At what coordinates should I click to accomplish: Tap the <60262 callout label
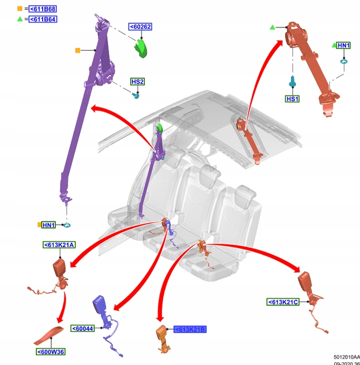point(140,27)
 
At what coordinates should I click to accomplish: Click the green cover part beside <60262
point(142,46)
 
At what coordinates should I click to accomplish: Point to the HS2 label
point(138,82)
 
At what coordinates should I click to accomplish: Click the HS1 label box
point(292,98)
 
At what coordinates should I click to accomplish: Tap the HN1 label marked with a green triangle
point(344,46)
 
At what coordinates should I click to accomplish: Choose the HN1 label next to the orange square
point(48,225)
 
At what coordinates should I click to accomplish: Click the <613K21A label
point(60,244)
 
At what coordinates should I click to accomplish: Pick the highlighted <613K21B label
point(190,329)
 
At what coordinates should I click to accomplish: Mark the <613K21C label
point(283,302)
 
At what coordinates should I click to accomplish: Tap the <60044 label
point(82,328)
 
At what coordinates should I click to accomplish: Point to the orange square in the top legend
point(20,9)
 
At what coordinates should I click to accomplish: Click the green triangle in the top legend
point(20,19)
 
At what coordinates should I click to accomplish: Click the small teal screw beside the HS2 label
point(137,96)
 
